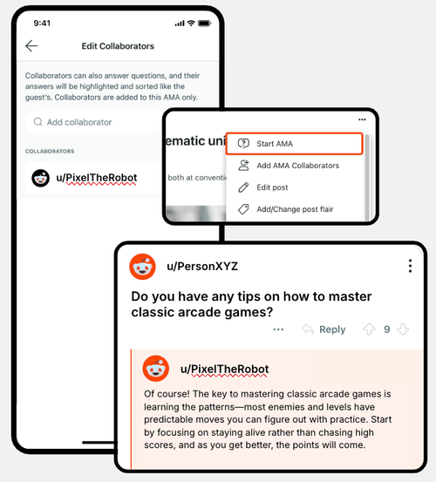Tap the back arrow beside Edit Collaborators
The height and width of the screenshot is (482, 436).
click(32, 46)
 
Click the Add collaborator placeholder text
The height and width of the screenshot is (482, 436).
click(79, 123)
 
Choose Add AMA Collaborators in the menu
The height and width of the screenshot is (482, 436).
click(297, 166)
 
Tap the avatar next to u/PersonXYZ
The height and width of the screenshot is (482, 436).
click(143, 266)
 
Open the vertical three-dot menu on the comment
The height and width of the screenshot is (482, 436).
click(410, 266)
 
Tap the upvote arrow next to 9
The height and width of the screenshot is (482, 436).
click(368, 329)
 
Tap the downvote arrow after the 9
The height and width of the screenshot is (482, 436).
click(403, 329)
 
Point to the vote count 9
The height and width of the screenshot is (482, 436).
click(386, 329)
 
